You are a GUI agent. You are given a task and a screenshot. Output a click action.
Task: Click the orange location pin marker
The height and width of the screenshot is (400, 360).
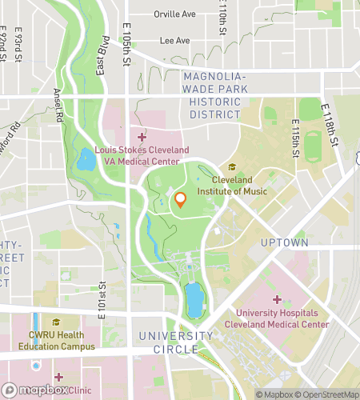181,201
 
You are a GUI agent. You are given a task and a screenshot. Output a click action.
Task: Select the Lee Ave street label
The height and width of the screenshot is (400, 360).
175,40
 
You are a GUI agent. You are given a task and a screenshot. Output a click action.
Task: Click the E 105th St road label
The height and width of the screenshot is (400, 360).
126,44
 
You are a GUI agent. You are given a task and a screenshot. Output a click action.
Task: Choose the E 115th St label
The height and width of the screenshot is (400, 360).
294,145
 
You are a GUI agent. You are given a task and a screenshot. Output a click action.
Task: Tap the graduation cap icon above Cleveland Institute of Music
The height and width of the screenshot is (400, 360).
233,167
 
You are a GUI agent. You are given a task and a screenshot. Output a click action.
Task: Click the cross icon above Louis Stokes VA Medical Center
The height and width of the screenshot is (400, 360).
142,137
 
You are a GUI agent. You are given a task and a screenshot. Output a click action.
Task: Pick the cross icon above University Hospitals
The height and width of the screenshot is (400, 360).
277,299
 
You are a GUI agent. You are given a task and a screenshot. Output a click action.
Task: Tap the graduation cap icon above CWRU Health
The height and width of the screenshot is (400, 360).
56,322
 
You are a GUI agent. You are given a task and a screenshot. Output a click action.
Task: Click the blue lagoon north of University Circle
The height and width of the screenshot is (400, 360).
194,300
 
